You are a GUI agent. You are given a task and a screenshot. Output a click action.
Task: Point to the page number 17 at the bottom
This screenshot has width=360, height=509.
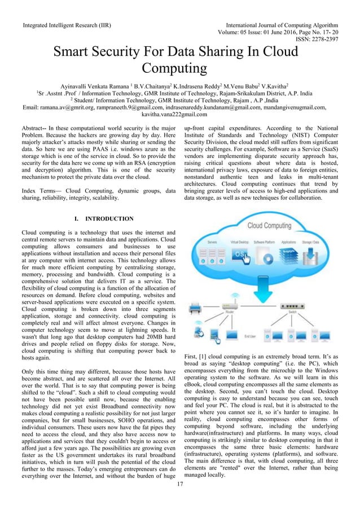pos(180,484)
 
